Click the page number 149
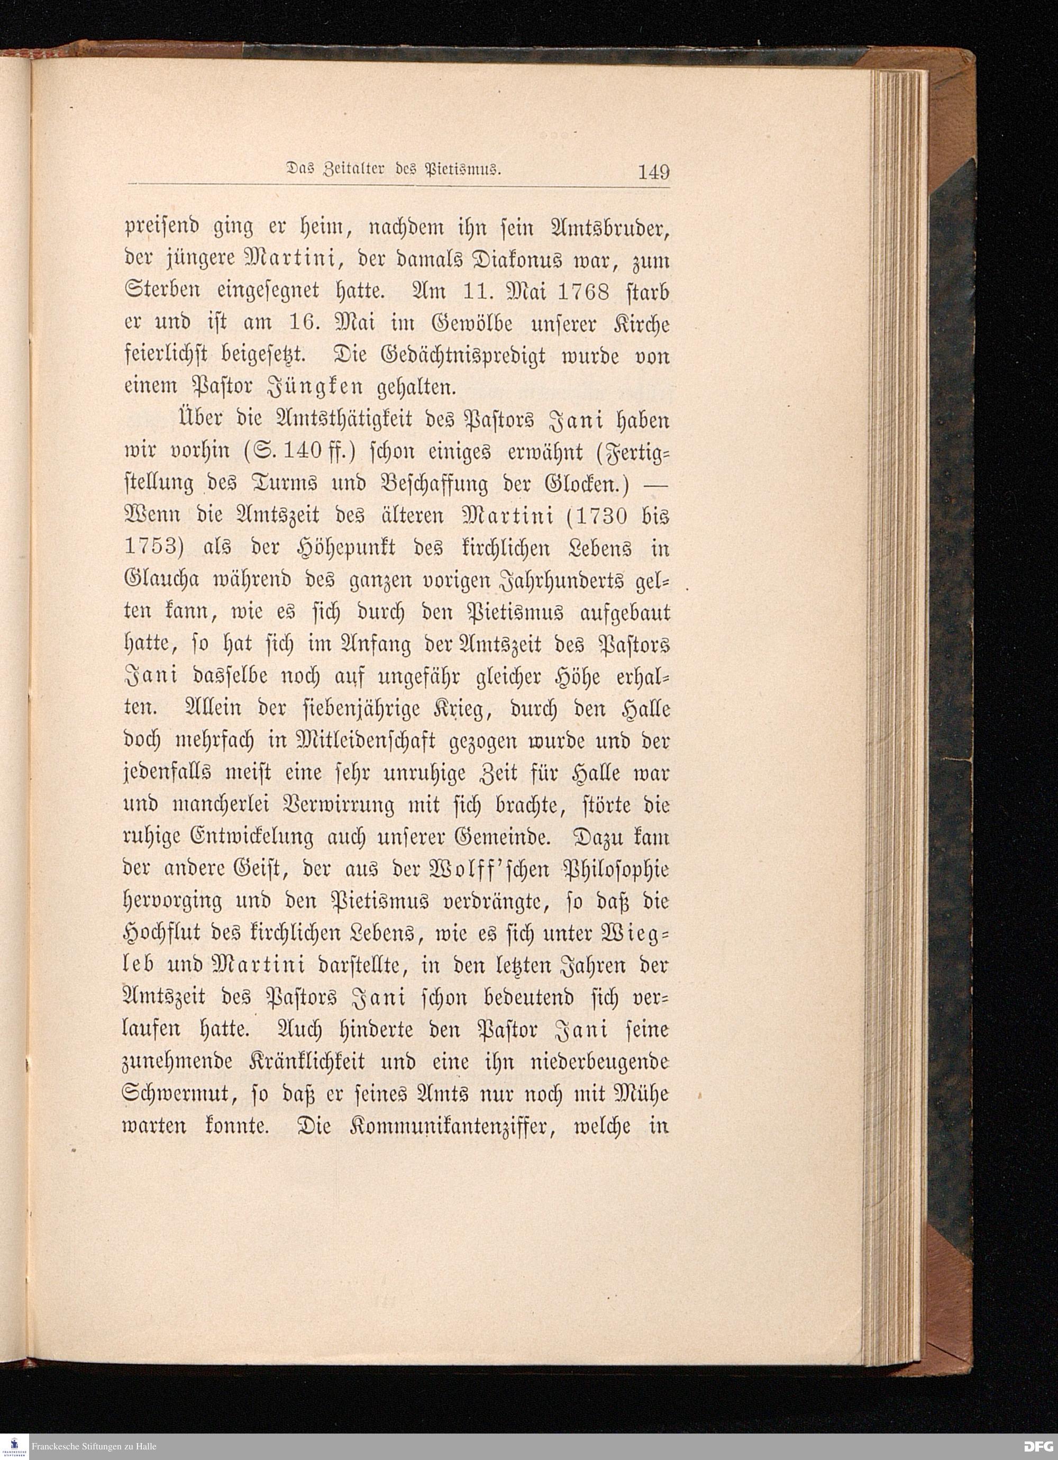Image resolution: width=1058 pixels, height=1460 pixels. [x=653, y=173]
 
